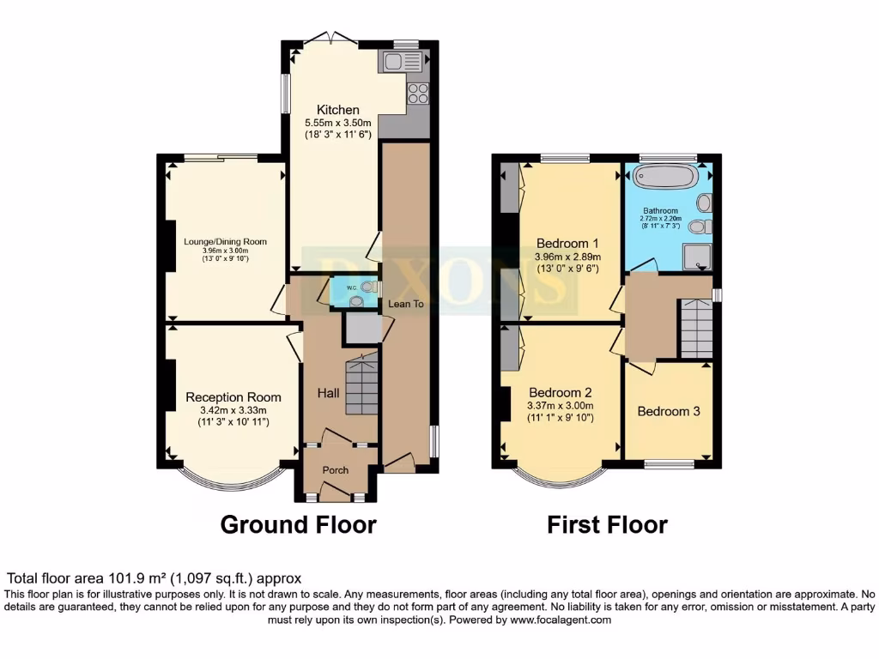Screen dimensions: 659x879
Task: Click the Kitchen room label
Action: pyautogui.click(x=338, y=110)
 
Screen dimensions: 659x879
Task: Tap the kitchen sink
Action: pyautogui.click(x=403, y=61)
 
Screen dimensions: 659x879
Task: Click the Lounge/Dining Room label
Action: pyautogui.click(x=225, y=241)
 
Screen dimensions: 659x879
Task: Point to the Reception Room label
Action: pyautogui.click(x=233, y=397)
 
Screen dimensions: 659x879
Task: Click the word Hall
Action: pyautogui.click(x=328, y=393)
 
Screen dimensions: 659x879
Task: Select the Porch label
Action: pyautogui.click(x=335, y=470)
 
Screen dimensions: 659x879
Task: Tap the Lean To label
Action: pyautogui.click(x=405, y=304)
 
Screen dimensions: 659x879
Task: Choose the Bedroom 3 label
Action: pyautogui.click(x=668, y=411)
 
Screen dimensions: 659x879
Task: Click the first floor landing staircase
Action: pyautogui.click(x=695, y=328)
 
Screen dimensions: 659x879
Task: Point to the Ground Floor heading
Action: pyautogui.click(x=298, y=524)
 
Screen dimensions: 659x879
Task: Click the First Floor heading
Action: pyautogui.click(x=607, y=524)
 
